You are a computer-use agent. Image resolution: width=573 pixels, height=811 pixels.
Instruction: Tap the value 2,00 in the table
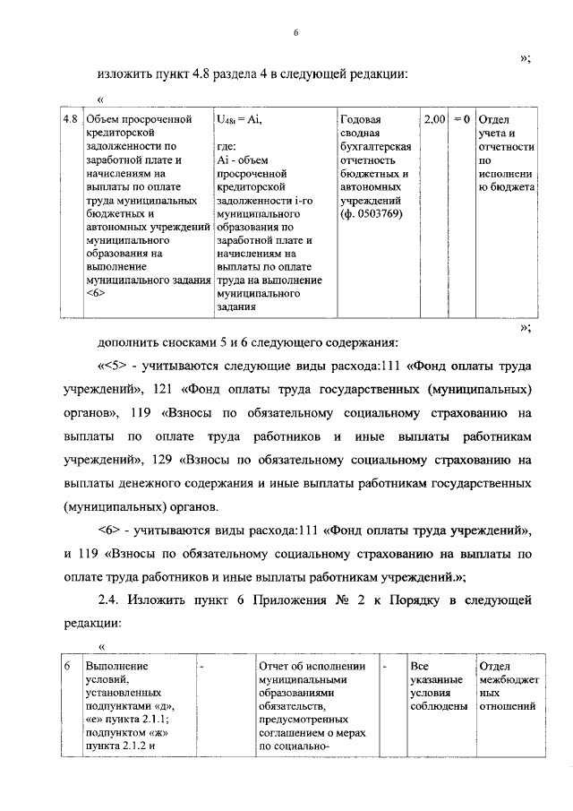[434, 118]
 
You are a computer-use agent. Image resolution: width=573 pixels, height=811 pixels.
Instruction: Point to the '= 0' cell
[461, 118]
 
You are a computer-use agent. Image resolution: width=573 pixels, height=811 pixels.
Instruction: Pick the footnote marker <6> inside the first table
[97, 295]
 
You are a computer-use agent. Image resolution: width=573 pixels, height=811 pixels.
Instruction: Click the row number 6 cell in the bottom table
[67, 666]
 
